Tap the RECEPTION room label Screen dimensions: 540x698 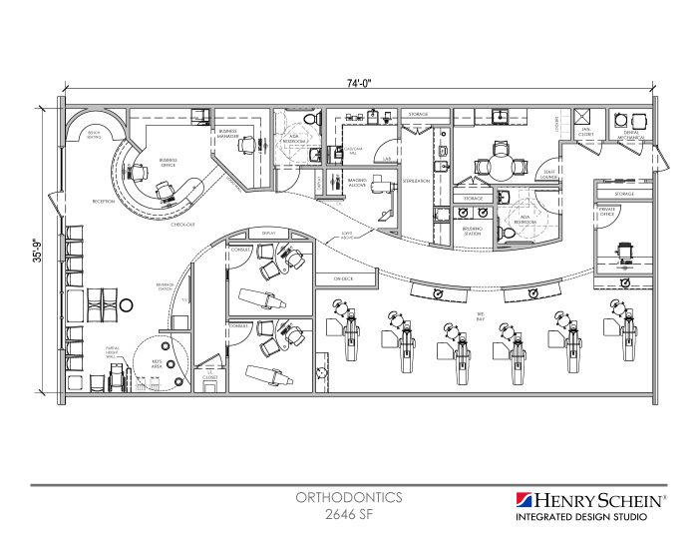tap(104, 200)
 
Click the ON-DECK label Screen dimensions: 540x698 tap(343, 278)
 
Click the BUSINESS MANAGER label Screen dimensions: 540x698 tap(229, 133)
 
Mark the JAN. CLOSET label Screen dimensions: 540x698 tap(587, 131)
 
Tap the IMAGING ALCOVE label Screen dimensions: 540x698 tap(356, 183)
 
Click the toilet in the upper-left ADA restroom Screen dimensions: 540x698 tap(310, 121)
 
